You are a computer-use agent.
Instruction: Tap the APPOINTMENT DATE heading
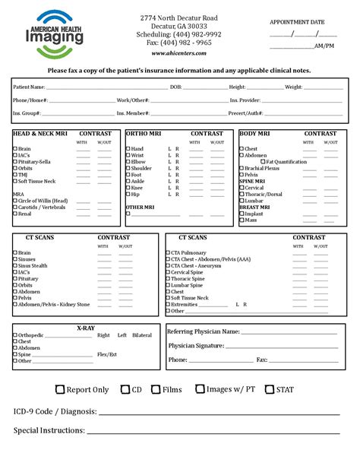point(297,23)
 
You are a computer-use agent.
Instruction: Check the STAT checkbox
point(270,390)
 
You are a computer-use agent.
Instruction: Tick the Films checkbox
point(156,390)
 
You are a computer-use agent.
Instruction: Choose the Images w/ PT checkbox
point(200,390)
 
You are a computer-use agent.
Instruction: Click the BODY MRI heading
point(255,134)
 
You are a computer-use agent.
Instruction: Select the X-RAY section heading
point(85,328)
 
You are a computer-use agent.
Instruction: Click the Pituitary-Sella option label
point(35,162)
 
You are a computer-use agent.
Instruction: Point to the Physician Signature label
point(196,346)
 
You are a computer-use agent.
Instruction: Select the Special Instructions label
point(49,430)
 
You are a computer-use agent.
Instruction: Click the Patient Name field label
point(28,87)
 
